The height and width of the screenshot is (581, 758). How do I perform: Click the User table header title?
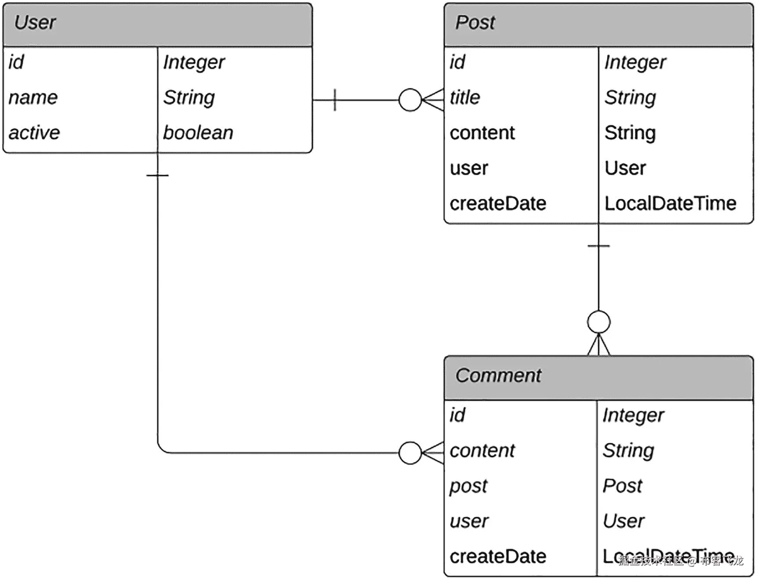point(35,22)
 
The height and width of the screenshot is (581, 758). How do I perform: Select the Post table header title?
point(475,22)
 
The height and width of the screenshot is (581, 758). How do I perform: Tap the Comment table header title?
point(498,375)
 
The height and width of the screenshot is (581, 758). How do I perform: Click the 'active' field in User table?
point(34,133)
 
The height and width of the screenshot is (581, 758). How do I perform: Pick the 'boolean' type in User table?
point(198,133)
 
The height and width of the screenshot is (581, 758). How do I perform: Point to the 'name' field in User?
point(33,97)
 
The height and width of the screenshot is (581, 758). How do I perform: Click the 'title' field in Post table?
point(465,97)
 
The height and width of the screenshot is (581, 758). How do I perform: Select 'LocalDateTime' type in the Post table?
point(670,203)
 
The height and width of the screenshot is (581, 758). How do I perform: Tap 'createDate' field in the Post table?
point(498,203)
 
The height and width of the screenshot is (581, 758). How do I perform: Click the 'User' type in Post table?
point(625,168)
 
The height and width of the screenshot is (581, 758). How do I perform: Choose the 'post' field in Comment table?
point(468,486)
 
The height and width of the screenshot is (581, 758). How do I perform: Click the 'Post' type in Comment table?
point(622,486)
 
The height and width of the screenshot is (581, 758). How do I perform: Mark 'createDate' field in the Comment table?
point(498,556)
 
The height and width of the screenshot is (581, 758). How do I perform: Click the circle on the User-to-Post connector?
point(410,100)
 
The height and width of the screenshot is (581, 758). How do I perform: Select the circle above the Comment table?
point(598,322)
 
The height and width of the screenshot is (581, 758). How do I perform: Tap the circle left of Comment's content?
point(410,453)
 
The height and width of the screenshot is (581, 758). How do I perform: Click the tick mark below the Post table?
point(598,246)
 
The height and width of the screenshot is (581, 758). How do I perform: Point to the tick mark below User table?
point(157,175)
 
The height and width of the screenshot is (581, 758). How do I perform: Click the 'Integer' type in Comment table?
point(633,415)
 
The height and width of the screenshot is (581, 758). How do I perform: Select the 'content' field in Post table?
point(482,133)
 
